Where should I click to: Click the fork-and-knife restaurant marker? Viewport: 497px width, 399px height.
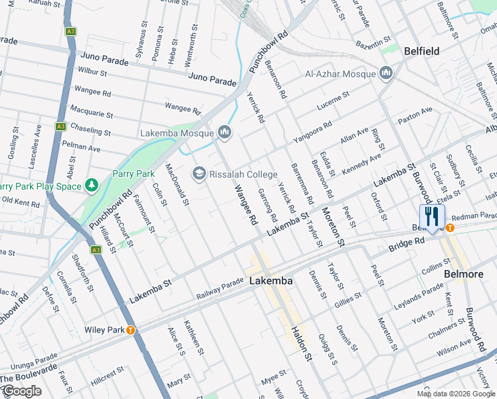(432, 217)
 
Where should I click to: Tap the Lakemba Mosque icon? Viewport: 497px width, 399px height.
(225, 133)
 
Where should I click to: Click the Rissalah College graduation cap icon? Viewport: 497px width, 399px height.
(199, 174)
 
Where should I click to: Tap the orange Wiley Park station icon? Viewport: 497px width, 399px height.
(131, 330)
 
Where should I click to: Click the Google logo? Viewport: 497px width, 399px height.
(21, 391)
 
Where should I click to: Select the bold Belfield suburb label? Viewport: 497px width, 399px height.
(422, 51)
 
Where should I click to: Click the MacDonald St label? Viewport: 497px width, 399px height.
(177, 184)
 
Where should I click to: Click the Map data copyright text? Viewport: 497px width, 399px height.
(456, 394)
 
